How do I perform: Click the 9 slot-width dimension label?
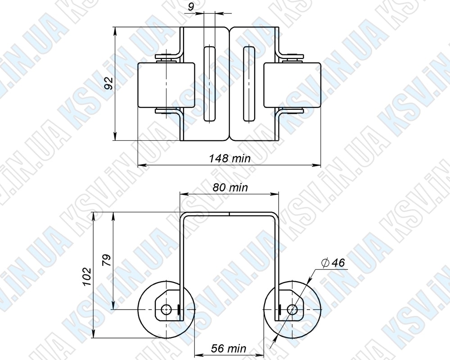pos(191,6)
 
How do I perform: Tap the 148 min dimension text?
pos(229,158)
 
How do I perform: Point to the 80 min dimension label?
pos(230,188)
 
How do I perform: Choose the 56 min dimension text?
pos(229,348)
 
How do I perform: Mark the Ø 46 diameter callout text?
pos(333,262)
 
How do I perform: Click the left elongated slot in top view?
pos(210,83)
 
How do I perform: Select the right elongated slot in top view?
pos(249,83)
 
